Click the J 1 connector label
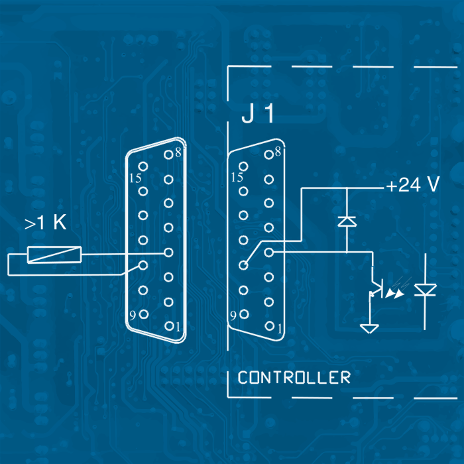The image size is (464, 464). click(x=258, y=115)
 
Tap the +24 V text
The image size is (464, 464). click(x=413, y=186)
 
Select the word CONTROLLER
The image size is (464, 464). click(x=294, y=378)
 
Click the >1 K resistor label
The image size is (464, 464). click(x=46, y=224)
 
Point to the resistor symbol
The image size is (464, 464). click(x=54, y=254)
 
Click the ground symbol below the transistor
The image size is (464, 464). click(x=369, y=327)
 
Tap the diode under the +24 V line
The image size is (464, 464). click(x=347, y=221)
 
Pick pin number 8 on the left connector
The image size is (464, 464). click(x=177, y=152)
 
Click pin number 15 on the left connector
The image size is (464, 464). click(x=135, y=178)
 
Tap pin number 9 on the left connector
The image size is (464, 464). click(x=133, y=315)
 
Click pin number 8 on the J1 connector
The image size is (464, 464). click(x=278, y=152)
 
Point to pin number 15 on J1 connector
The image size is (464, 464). click(x=236, y=177)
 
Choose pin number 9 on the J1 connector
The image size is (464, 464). click(x=233, y=315)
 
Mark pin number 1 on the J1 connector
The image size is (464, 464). click(x=280, y=327)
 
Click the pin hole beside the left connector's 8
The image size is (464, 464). click(x=168, y=154)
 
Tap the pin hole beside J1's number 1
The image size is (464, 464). click(x=268, y=326)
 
